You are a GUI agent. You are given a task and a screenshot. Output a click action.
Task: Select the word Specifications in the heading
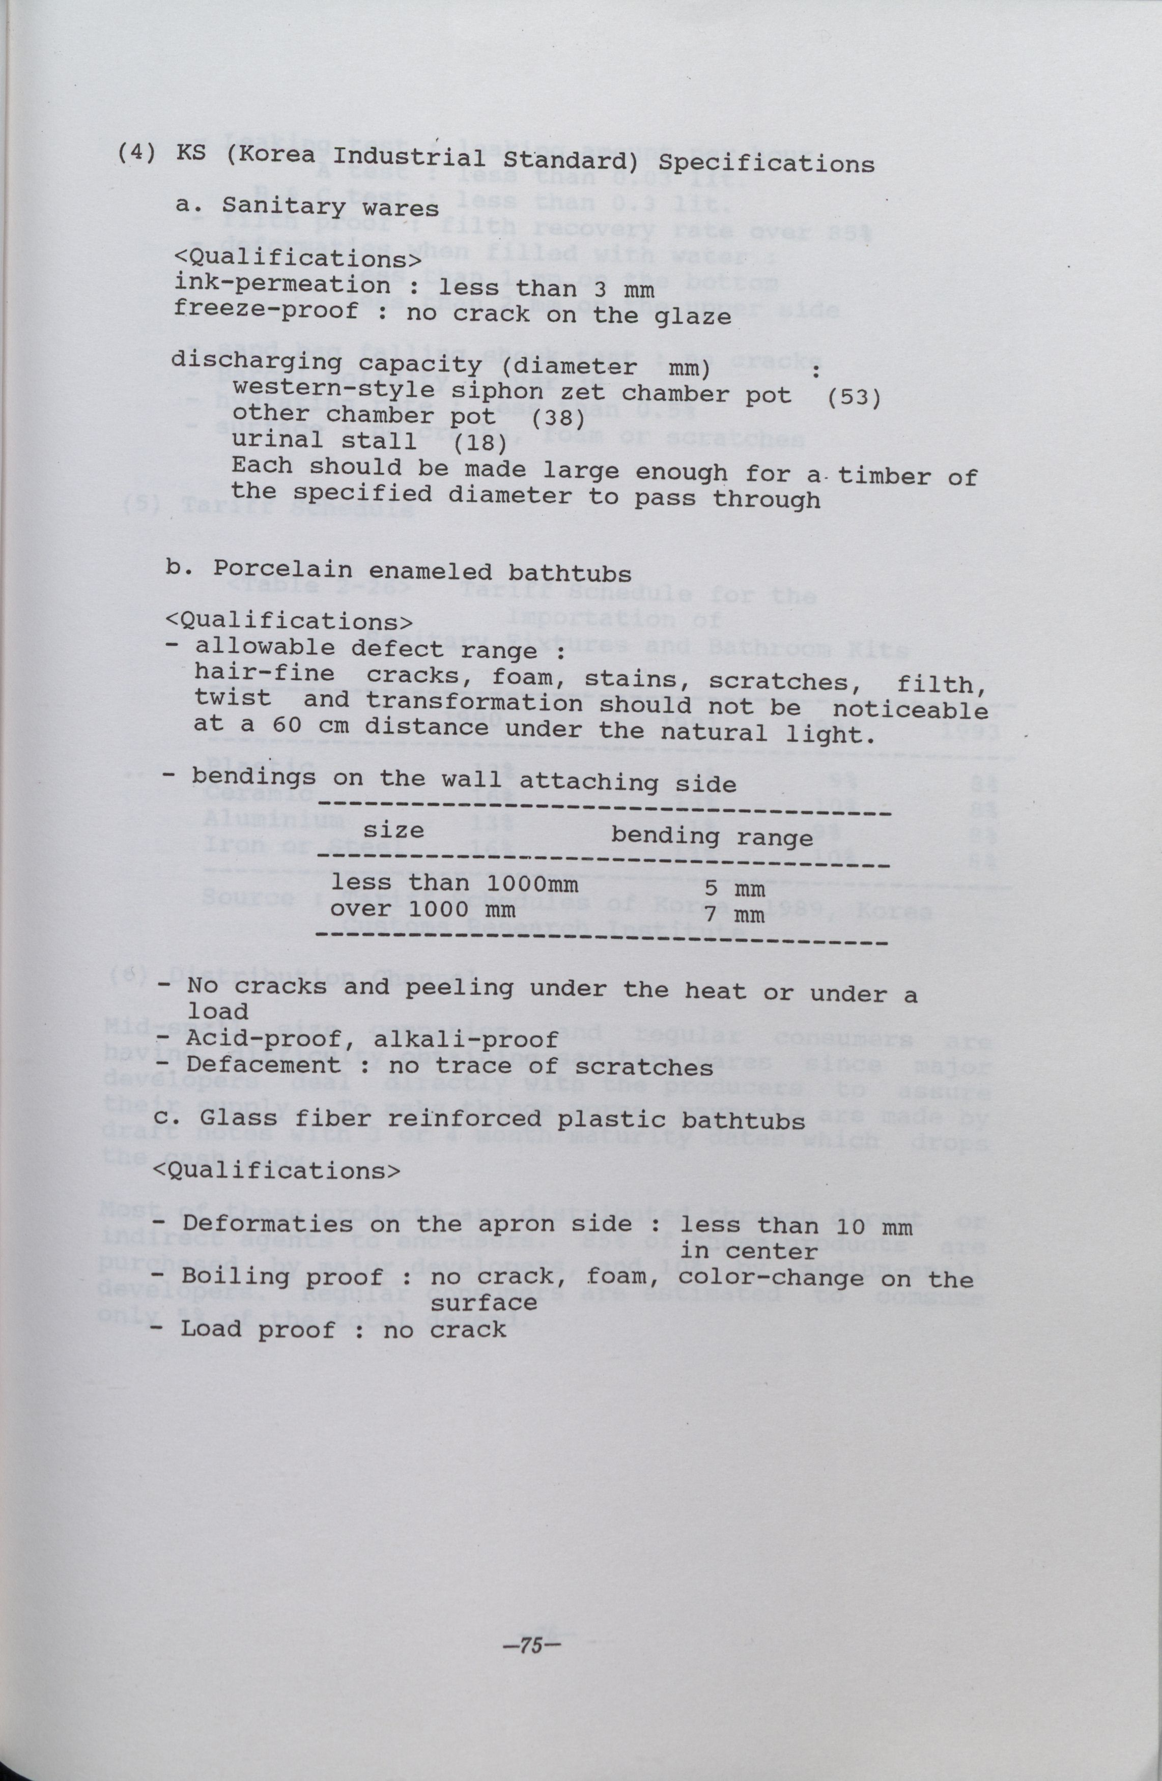click(771, 163)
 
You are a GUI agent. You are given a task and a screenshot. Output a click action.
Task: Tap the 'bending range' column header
click(712, 836)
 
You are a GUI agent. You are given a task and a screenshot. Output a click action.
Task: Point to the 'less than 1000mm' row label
click(455, 884)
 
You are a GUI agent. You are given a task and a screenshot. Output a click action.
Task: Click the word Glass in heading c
click(239, 1118)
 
